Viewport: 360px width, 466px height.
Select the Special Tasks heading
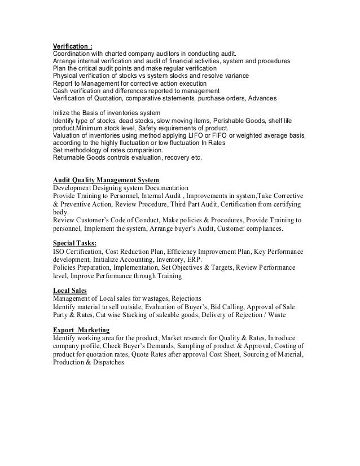pos(74,243)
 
